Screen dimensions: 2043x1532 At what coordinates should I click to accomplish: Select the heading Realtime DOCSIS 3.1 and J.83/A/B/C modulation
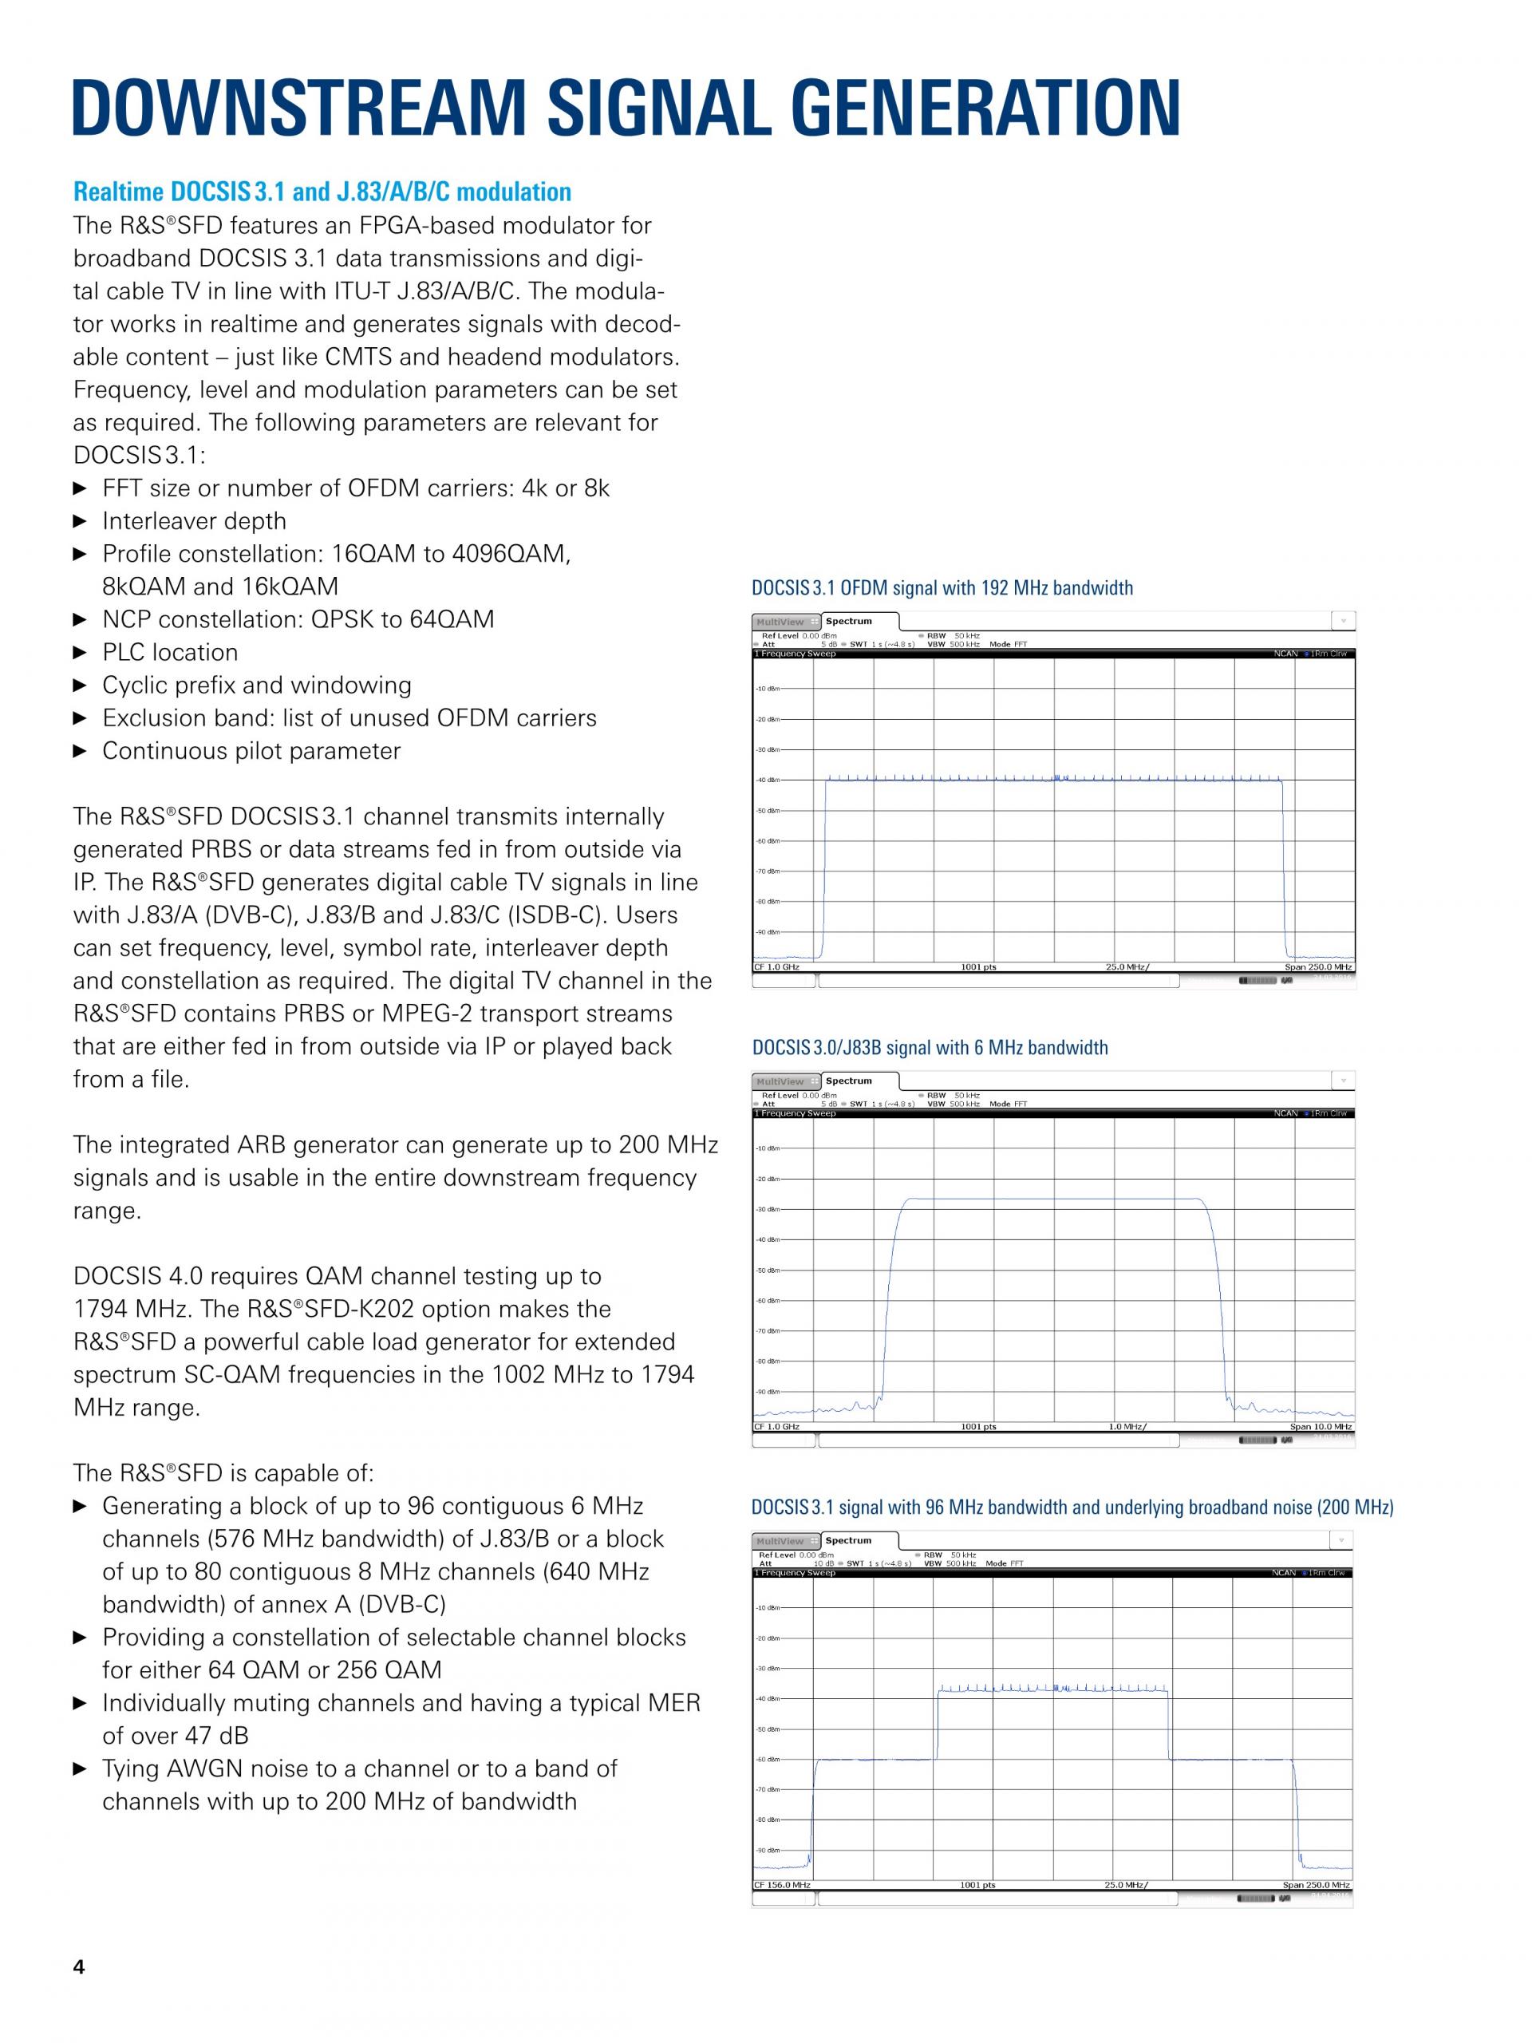point(322,192)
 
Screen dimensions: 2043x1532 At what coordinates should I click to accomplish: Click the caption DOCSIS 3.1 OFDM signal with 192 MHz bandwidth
point(942,588)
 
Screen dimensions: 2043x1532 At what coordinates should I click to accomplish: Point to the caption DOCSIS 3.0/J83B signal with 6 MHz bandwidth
point(930,1047)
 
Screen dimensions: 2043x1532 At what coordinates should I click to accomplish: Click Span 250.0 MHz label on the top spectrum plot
point(1318,967)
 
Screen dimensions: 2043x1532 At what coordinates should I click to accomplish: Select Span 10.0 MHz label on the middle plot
point(1321,1427)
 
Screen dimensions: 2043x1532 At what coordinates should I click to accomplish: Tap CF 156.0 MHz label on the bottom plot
point(782,1885)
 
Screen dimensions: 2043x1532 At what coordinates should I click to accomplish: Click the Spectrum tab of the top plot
point(849,622)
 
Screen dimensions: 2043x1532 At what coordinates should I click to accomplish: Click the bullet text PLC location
point(170,653)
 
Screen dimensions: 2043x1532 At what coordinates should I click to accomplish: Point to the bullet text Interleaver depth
point(194,522)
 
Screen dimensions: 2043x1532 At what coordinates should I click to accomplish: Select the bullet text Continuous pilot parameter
point(251,752)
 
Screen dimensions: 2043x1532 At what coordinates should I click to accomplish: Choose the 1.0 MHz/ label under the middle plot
point(1127,1427)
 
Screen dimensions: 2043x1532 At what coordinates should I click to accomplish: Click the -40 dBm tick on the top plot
point(767,780)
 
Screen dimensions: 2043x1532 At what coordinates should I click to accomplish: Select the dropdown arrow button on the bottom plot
point(1340,1539)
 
